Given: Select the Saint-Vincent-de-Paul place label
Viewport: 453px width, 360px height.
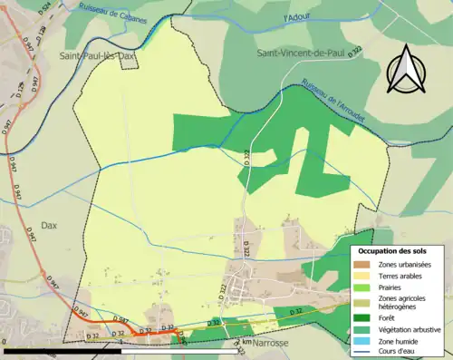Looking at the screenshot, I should tap(301, 54).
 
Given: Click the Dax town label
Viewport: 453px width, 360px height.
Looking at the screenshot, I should tap(49, 226).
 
